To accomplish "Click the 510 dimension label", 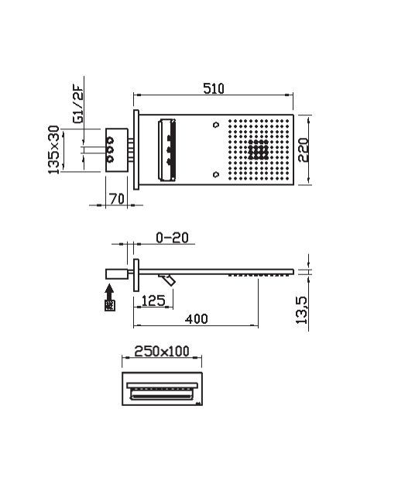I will [x=214, y=88].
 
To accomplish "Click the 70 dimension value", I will [x=117, y=198].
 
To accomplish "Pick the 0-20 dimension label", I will [x=171, y=237].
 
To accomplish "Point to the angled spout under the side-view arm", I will [x=167, y=278].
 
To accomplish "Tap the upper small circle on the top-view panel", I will [x=217, y=124].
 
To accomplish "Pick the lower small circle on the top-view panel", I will [x=217, y=173].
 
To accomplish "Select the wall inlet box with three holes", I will [x=116, y=148].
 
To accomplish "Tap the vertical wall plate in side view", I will [x=136, y=277].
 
